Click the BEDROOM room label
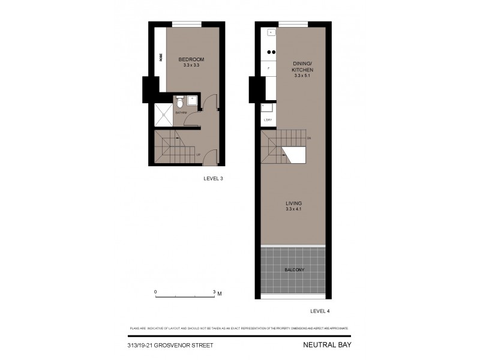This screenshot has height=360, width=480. pyautogui.click(x=191, y=59)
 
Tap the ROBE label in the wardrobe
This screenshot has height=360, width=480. pyautogui.click(x=161, y=58)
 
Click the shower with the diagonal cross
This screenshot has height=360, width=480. pyautogui.click(x=163, y=114)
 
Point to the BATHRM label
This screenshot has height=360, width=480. pyautogui.click(x=181, y=112)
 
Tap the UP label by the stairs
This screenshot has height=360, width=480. pyautogui.click(x=198, y=155)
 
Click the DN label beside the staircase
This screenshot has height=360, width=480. pyautogui.click(x=308, y=139)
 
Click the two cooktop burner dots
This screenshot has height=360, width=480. pyautogui.click(x=271, y=51)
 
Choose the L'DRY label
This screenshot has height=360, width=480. pyautogui.click(x=268, y=120)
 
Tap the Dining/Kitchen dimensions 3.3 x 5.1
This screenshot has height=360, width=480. pyautogui.click(x=303, y=76)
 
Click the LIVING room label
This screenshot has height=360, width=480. pyautogui.click(x=293, y=203)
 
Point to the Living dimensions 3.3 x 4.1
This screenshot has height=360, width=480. pyautogui.click(x=293, y=209)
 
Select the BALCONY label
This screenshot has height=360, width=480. pyautogui.click(x=294, y=270)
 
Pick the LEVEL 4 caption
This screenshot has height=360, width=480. pyautogui.click(x=320, y=311)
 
